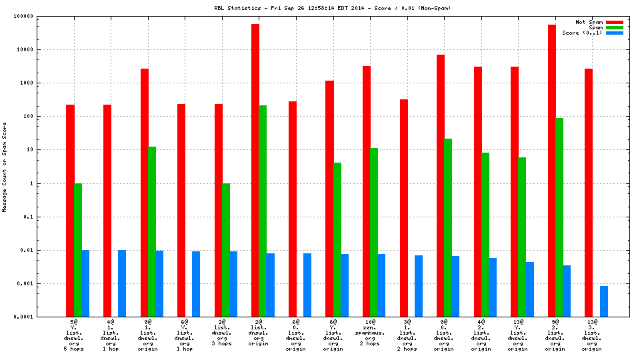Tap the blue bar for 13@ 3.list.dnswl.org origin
point(604,301)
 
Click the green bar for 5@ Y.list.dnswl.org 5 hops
point(78,250)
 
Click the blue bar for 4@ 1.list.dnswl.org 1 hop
point(122,283)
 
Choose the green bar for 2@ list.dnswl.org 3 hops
point(226,250)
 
